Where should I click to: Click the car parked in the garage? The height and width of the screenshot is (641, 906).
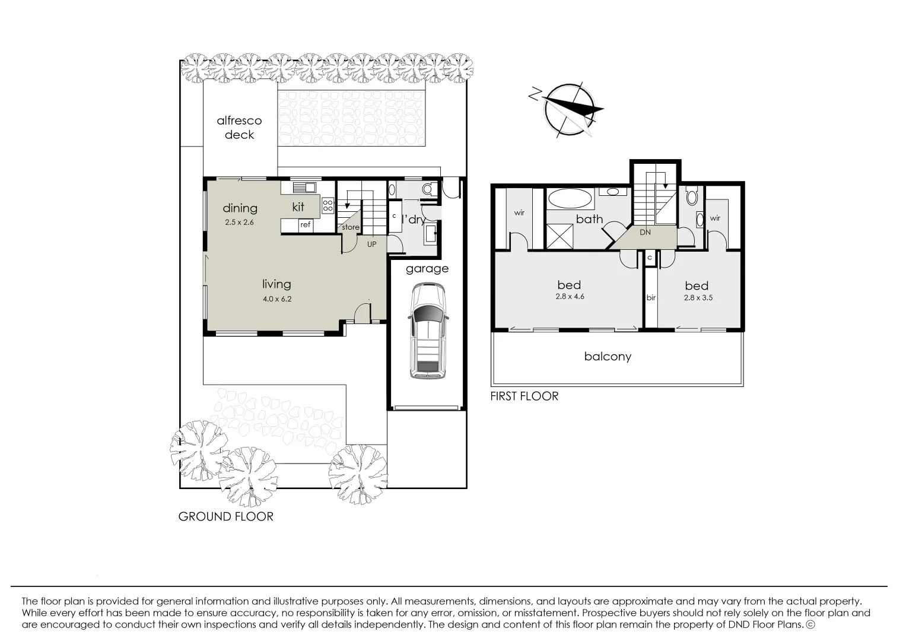[x=426, y=331]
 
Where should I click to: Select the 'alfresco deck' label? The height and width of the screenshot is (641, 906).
[x=239, y=128]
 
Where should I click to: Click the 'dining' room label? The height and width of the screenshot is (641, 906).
[x=240, y=208]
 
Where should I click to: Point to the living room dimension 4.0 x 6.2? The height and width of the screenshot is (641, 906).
[x=277, y=299]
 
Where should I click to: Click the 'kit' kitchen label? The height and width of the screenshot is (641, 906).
[x=298, y=207]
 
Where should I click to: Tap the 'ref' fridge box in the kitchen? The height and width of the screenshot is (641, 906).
[x=305, y=225]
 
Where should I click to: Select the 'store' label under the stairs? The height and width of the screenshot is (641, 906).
[x=350, y=227]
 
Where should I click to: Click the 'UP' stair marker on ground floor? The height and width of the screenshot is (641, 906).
[x=371, y=244]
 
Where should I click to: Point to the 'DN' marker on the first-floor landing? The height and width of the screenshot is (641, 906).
[x=645, y=233]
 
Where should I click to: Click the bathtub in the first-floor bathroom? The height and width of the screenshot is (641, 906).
[x=570, y=198]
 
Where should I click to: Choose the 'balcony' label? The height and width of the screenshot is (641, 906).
[x=608, y=357]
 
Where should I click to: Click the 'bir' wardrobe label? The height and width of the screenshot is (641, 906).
[x=651, y=298]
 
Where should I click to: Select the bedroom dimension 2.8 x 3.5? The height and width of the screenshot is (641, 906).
[x=698, y=298]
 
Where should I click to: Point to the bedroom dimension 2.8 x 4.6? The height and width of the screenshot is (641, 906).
[x=570, y=297]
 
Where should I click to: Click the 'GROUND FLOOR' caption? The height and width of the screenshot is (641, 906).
[x=226, y=516]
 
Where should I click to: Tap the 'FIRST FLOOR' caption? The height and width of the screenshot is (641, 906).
[x=524, y=396]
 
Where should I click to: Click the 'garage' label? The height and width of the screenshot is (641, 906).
[x=427, y=269]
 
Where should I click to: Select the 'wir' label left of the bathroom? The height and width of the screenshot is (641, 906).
[x=519, y=212]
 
